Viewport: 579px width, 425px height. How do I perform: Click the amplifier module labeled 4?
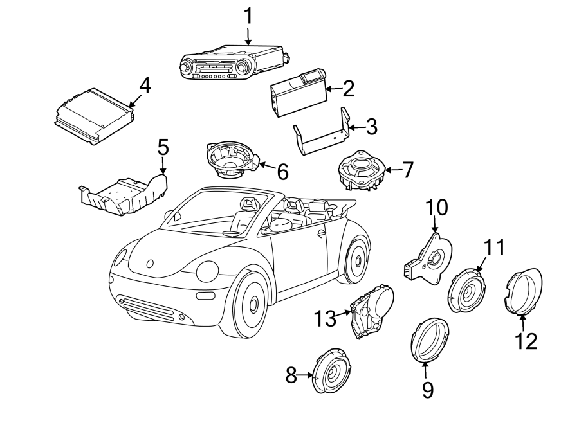pos(94,114)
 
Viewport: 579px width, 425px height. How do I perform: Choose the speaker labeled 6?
pos(230,161)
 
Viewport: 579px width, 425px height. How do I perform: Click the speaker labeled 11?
pos(468,291)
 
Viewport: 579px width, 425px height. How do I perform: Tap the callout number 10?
pos(437,208)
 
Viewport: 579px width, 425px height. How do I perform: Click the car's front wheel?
pos(250,305)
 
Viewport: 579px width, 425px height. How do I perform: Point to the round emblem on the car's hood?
pos(150,263)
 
